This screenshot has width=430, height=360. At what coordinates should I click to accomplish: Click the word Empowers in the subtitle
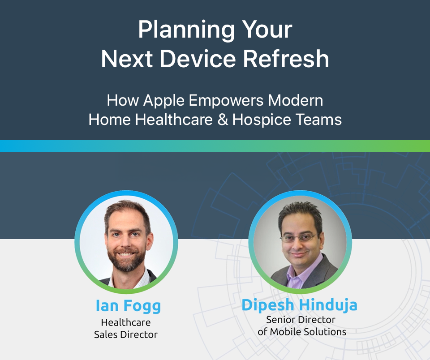tap(226, 100)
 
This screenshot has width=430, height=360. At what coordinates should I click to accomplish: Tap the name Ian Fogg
tap(128, 306)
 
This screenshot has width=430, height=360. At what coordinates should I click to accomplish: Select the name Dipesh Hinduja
tap(300, 305)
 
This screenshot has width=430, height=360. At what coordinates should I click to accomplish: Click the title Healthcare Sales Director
tap(126, 328)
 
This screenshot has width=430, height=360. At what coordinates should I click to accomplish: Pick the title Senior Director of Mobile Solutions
tap(301, 326)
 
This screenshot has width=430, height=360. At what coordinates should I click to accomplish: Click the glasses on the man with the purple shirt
tap(299, 238)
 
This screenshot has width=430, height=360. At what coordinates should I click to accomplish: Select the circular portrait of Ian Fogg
tap(126, 242)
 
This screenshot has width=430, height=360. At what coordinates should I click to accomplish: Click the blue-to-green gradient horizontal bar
tap(215, 146)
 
